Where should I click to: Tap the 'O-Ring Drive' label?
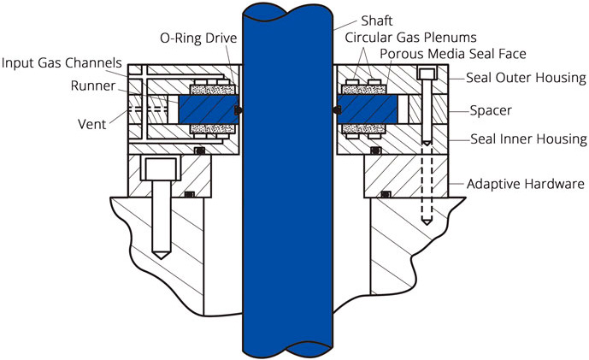pyautogui.click(x=198, y=38)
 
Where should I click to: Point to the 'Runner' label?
pyautogui.click(x=87, y=86)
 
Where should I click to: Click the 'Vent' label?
pyautogui.click(x=91, y=123)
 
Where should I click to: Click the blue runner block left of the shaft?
pyautogui.click(x=205, y=109)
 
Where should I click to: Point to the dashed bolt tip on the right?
pyautogui.click(x=425, y=221)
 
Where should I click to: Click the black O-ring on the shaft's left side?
pyautogui.click(x=239, y=109)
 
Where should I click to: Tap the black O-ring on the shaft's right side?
pyautogui.click(x=333, y=109)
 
